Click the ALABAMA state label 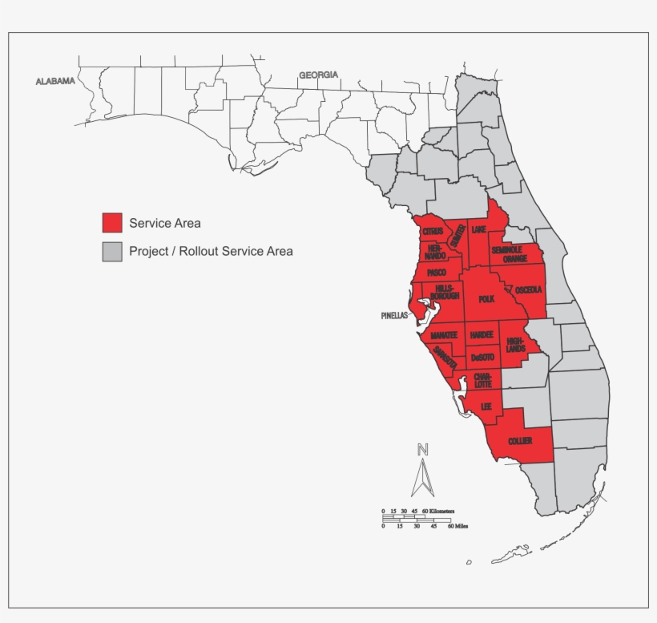[x=55, y=81]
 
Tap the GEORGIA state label [x=318, y=75]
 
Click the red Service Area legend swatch [x=112, y=223]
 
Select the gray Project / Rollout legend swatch [x=112, y=251]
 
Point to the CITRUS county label [x=433, y=232]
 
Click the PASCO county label [x=437, y=273]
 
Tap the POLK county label [x=486, y=299]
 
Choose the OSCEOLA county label [x=529, y=289]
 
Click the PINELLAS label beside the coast [x=394, y=316]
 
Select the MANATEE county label [x=444, y=334]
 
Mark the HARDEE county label [x=482, y=334]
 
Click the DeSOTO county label [x=482, y=357]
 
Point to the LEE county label [x=486, y=407]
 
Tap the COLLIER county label [x=520, y=441]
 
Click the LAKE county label [x=478, y=230]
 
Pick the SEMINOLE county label [x=507, y=249]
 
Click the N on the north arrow [x=423, y=450]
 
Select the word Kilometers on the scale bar [x=441, y=511]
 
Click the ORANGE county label [x=515, y=259]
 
